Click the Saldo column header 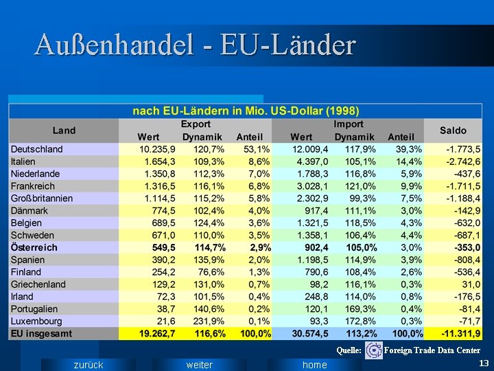[x=453, y=131]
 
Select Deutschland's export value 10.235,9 [x=157, y=149]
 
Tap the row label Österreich [x=34, y=247]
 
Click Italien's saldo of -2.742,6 [x=463, y=161]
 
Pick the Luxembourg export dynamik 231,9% [x=209, y=321]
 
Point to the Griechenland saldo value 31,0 [x=471, y=284]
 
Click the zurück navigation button [x=89, y=365]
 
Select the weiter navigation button [x=200, y=365]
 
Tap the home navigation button [x=314, y=365]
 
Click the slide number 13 [x=484, y=363]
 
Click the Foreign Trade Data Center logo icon [x=374, y=350]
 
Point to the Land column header [x=64, y=131]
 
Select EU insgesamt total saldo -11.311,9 [x=462, y=333]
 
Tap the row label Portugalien [x=34, y=309]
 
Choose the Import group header [x=348, y=124]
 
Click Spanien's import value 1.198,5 [x=310, y=260]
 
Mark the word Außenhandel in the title [x=114, y=45]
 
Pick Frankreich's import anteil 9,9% [x=411, y=186]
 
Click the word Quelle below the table [x=349, y=350]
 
